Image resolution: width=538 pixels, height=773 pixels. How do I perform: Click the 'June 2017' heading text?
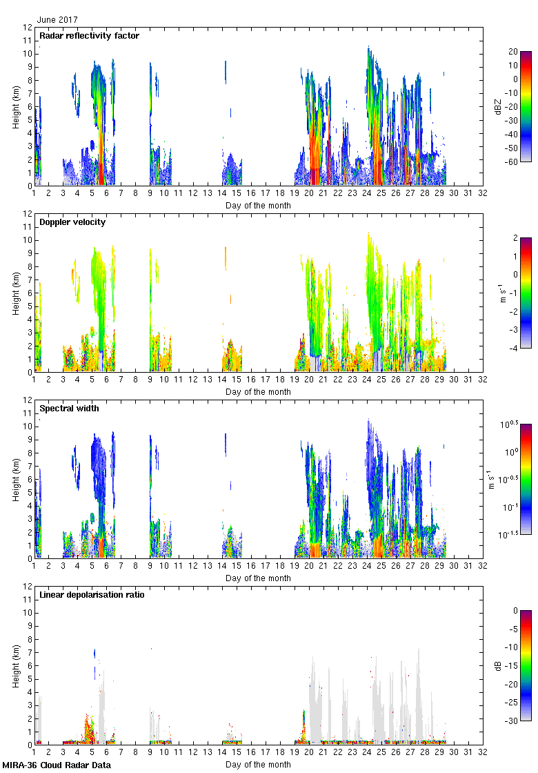pyautogui.click(x=57, y=20)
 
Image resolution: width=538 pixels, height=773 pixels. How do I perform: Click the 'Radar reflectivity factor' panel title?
pyautogui.click(x=89, y=36)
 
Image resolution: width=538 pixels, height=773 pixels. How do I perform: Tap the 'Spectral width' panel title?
pyautogui.click(x=69, y=408)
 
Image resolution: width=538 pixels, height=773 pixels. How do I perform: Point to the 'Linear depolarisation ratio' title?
pyautogui.click(x=92, y=594)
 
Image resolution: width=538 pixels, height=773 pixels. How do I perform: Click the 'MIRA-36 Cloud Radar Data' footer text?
pyautogui.click(x=56, y=765)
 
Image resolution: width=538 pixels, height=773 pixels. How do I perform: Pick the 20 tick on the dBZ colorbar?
pyautogui.click(x=513, y=52)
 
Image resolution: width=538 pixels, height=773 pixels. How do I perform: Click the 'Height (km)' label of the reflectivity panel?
pyautogui.click(x=15, y=106)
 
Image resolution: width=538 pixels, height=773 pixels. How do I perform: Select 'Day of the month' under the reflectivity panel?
pyautogui.click(x=258, y=205)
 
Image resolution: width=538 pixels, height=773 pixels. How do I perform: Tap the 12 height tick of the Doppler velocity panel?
pyautogui.click(x=28, y=214)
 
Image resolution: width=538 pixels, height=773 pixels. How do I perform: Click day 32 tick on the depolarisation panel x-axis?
pyautogui.click(x=481, y=754)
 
